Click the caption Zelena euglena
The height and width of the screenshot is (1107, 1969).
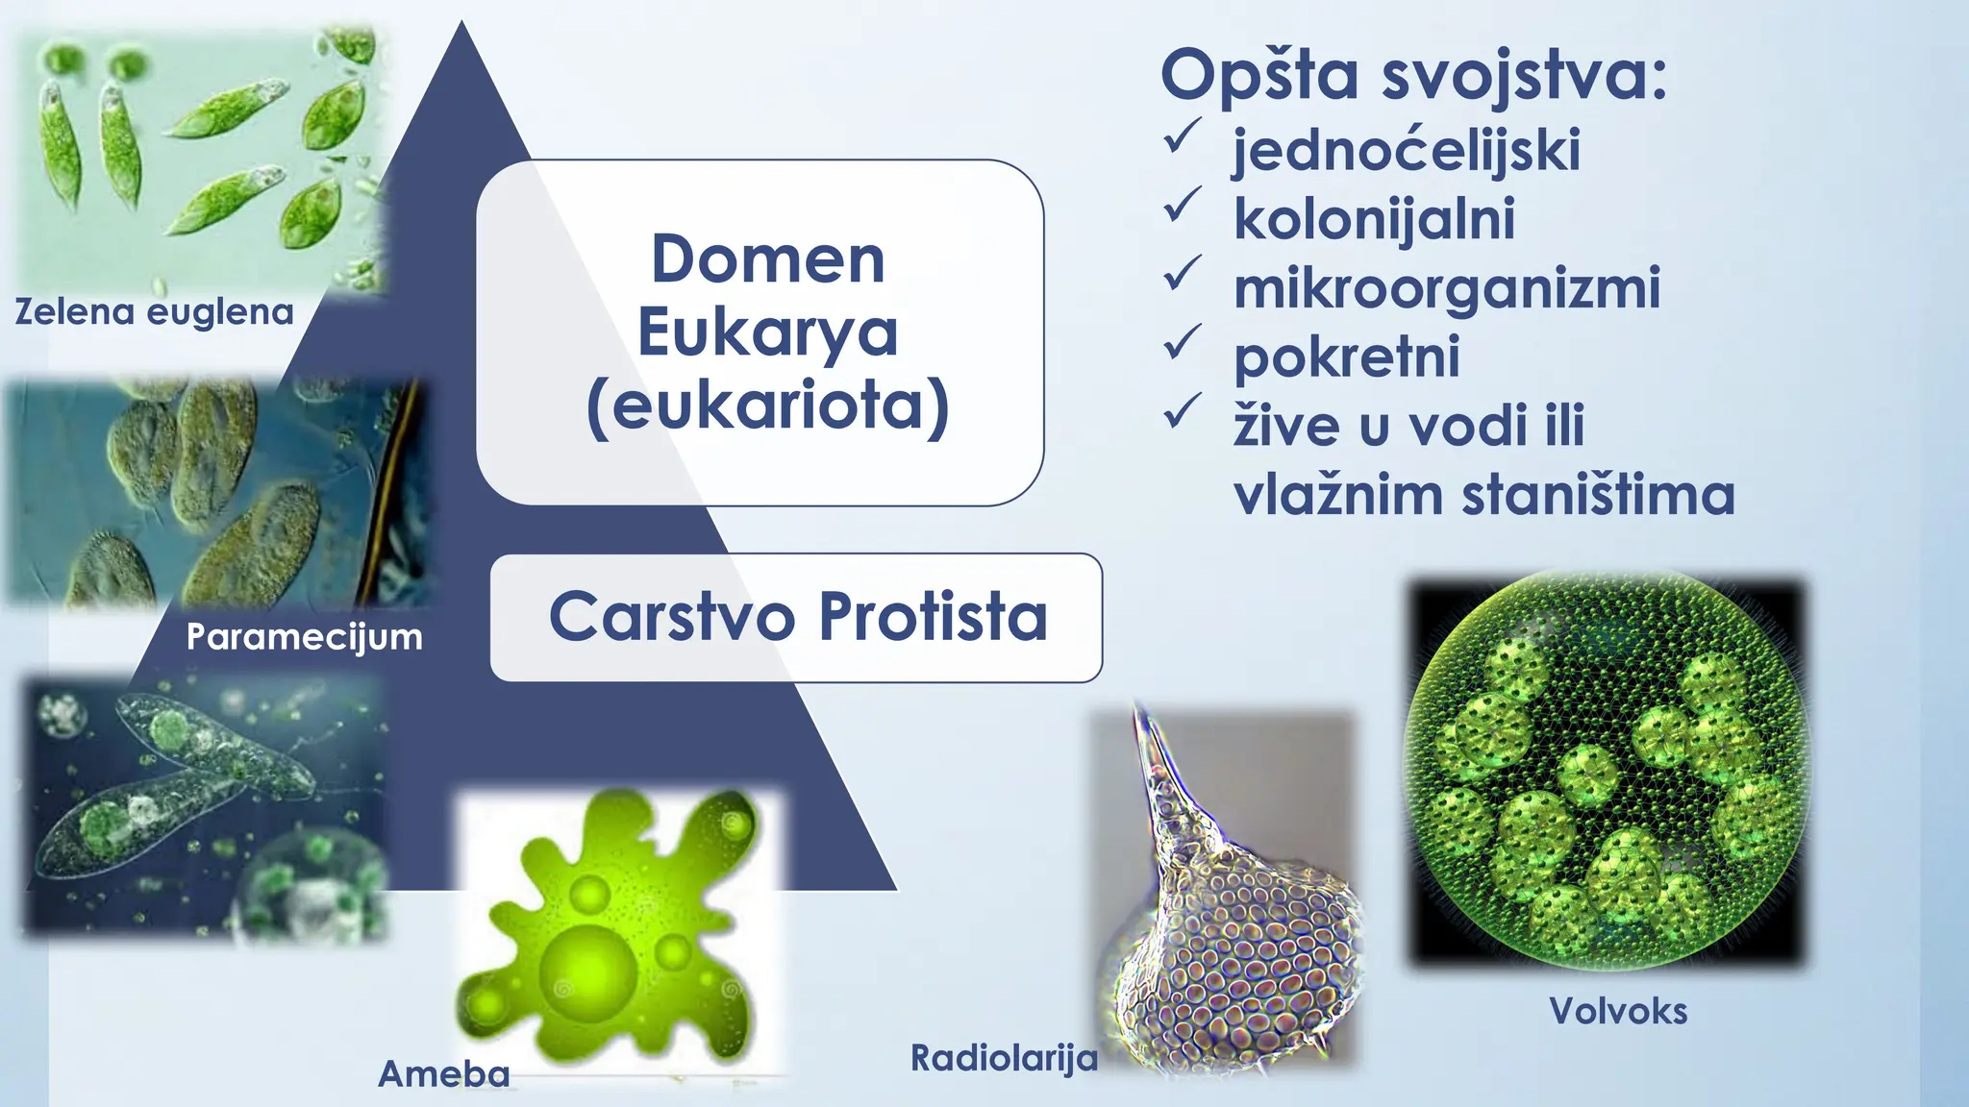(x=154, y=312)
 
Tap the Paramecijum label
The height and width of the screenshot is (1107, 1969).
(x=304, y=636)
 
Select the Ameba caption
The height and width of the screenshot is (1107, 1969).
(x=443, y=1073)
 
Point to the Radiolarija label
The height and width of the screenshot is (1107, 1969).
(x=1004, y=1058)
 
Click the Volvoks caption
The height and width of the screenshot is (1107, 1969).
(x=1618, y=1011)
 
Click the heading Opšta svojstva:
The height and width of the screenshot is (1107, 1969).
(x=1413, y=75)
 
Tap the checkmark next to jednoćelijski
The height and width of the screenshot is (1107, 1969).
(x=1182, y=136)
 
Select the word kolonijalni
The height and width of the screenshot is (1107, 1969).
(x=1374, y=219)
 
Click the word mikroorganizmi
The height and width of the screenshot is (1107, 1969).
(x=1446, y=288)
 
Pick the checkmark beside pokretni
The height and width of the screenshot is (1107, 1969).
(x=1182, y=342)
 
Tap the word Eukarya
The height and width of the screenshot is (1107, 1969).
(x=767, y=332)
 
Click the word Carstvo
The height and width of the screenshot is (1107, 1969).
(x=672, y=617)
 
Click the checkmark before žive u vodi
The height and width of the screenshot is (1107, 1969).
(x=1182, y=411)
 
